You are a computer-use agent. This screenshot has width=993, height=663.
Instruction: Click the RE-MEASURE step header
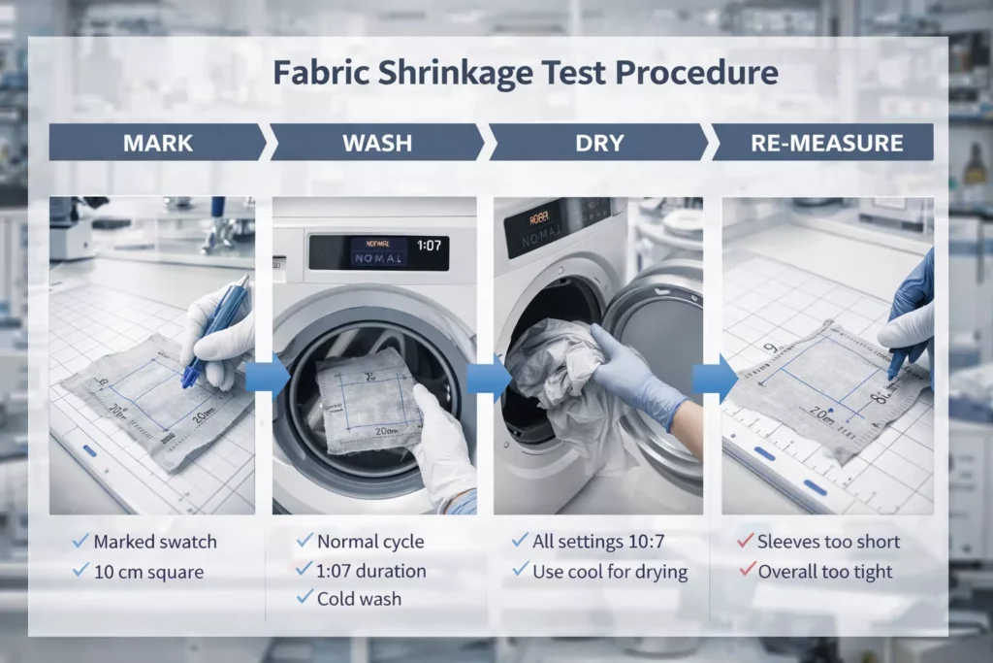[826, 143]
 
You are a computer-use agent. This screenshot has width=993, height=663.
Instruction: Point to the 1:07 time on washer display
[429, 247]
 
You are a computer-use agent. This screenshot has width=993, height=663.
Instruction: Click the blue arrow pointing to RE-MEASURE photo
[714, 377]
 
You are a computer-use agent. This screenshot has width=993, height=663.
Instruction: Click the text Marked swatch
[155, 542]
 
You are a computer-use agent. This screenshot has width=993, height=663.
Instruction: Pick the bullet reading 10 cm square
[148, 572]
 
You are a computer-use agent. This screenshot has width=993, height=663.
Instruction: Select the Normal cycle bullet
[370, 542]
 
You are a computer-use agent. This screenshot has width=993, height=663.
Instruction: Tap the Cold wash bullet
[359, 599]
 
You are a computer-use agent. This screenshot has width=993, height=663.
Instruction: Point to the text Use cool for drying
[610, 572]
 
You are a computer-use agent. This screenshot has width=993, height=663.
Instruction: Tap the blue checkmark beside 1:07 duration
[304, 570]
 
